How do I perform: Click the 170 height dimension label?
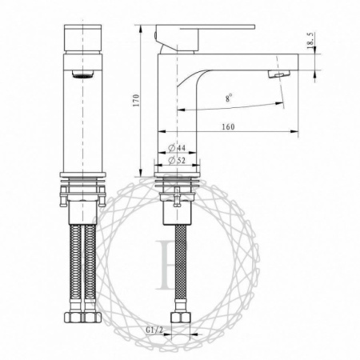point(138,100)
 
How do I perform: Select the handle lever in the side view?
point(204,29)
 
